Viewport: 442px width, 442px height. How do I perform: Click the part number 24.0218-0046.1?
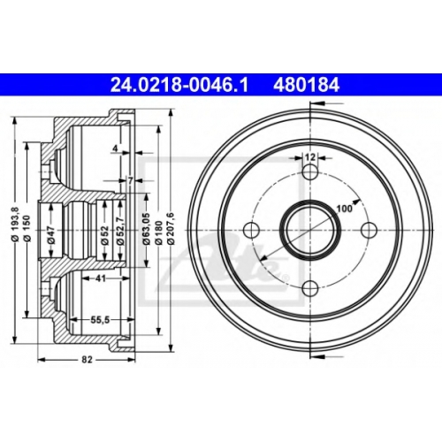point(179,85)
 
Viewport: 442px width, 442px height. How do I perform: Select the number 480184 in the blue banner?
point(307,85)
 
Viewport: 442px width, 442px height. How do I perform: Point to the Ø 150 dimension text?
point(27,229)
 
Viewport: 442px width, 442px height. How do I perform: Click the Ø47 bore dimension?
point(51,235)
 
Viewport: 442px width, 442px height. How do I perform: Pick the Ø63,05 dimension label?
point(147,229)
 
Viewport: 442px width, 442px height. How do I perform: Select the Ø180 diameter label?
point(159,232)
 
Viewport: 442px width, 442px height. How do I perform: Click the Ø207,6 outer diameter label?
point(171,228)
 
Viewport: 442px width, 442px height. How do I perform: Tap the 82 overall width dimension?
point(87,360)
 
